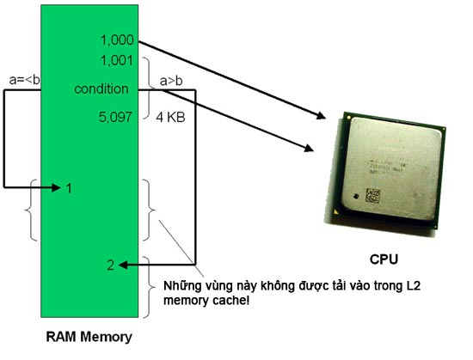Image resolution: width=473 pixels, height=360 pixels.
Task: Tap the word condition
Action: click(101, 88)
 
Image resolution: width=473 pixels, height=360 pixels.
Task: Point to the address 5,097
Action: click(115, 117)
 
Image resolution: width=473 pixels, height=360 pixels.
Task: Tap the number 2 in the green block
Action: click(110, 265)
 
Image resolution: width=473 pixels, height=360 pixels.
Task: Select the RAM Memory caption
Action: click(89, 336)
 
